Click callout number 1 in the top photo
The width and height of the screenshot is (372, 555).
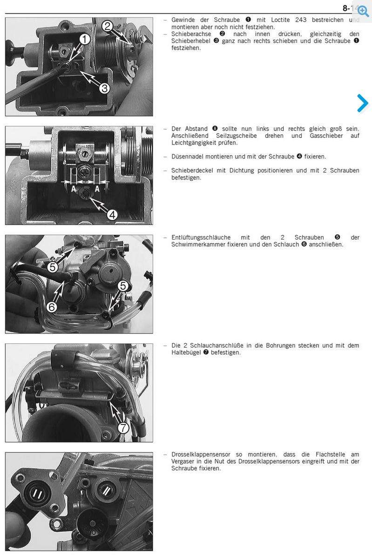(85, 39)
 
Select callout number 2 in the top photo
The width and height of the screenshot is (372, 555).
(108, 26)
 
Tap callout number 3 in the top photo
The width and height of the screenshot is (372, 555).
(104, 88)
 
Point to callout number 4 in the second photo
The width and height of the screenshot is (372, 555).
(112, 214)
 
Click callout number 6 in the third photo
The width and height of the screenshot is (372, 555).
(52, 307)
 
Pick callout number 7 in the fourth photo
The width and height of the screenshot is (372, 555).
(123, 428)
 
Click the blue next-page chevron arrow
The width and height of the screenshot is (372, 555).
(363, 103)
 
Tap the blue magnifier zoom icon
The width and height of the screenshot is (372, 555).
(363, 11)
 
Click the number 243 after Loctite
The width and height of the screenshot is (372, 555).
(301, 20)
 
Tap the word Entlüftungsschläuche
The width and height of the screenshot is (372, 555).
(201, 238)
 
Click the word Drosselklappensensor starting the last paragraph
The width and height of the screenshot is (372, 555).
(201, 454)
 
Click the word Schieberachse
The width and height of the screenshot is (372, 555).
(191, 34)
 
